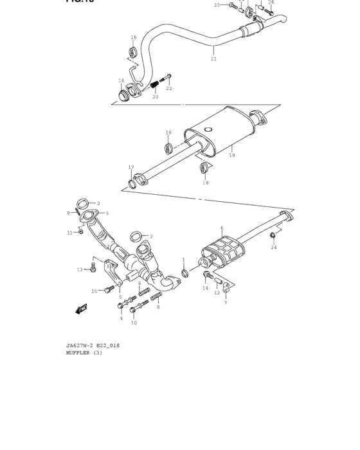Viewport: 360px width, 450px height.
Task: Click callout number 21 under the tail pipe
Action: point(213,59)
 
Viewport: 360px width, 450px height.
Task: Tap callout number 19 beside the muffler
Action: point(231,155)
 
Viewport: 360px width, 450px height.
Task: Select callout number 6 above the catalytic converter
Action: point(222,228)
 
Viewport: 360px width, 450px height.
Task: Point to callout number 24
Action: point(274,248)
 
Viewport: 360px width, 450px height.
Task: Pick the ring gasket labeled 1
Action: point(184,273)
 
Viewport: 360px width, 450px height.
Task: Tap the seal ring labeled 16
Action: point(123,96)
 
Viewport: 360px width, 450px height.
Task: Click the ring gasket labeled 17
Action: point(132,184)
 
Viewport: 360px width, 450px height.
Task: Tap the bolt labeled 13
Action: point(94,264)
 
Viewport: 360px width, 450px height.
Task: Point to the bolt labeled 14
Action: point(207,276)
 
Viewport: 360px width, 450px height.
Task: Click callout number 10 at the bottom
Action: point(134,323)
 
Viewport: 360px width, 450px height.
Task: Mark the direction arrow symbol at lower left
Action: point(82,309)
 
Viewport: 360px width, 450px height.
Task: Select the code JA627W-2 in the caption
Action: point(78,345)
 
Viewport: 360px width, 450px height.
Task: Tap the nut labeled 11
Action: point(81,231)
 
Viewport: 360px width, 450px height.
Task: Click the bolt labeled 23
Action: point(232,5)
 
